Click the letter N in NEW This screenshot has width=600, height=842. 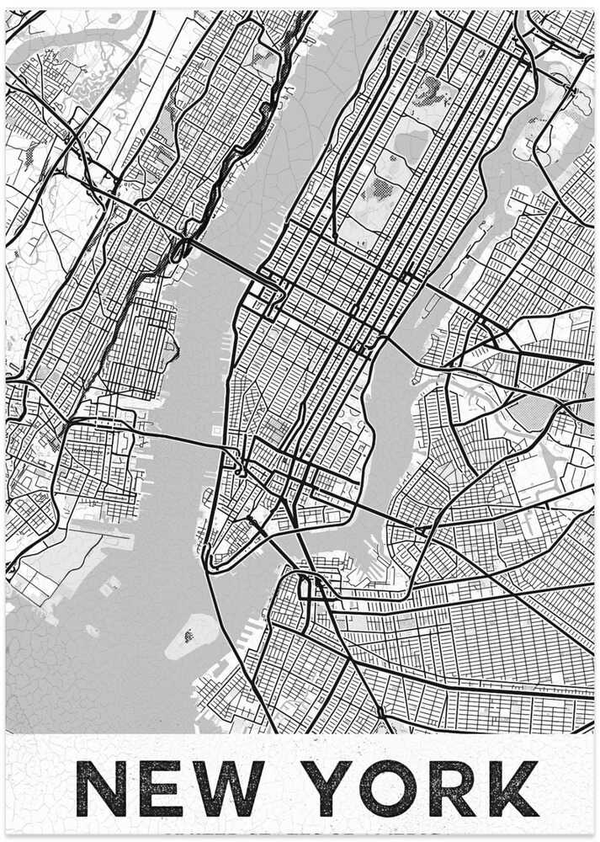coord(101,788)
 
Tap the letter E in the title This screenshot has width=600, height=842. coord(161,788)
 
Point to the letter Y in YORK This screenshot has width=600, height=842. coord(329,788)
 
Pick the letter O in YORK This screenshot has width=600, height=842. coord(388,788)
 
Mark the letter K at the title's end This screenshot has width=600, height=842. coord(512,788)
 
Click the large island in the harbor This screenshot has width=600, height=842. coord(193,634)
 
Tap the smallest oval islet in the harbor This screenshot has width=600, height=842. coord(92,630)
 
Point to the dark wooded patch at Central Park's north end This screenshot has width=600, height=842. coord(430,88)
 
